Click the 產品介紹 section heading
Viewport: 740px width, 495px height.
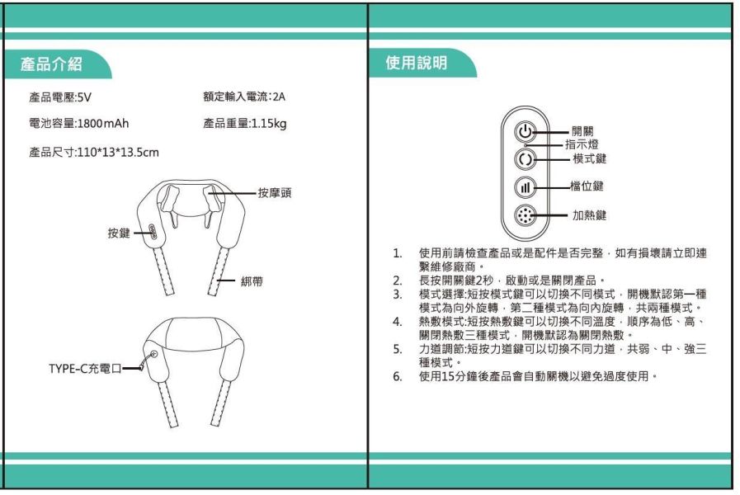tap(56, 64)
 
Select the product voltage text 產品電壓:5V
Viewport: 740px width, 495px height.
tap(59, 97)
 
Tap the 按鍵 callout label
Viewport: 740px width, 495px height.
tap(119, 233)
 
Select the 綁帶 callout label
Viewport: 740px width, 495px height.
tap(252, 282)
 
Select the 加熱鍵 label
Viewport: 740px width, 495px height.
tap(590, 215)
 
